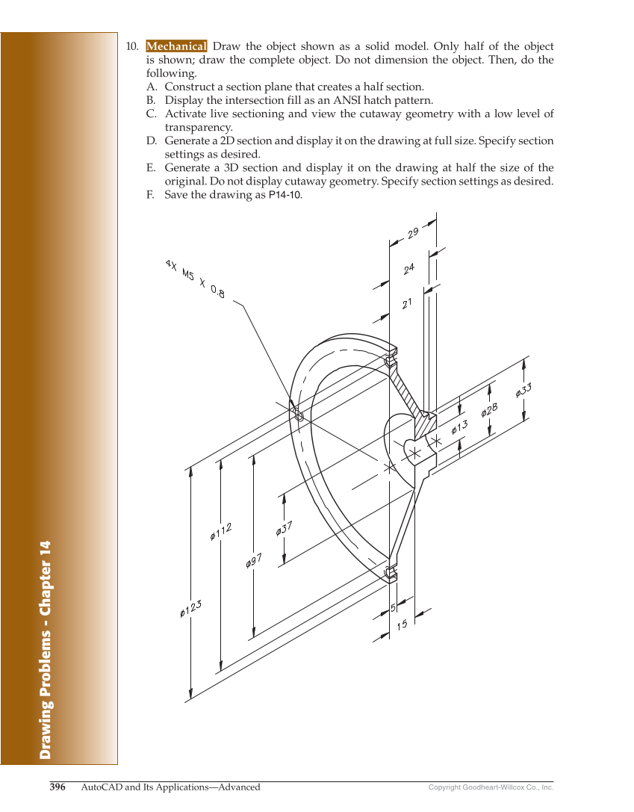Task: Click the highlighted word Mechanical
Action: [176, 46]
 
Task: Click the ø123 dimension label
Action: [191, 609]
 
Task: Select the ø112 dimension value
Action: [221, 531]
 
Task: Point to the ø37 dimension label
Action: [284, 528]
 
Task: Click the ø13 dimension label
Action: [459, 428]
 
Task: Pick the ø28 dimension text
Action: [489, 409]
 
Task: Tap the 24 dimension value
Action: [409, 268]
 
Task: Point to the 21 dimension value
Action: [407, 303]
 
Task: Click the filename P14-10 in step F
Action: [285, 195]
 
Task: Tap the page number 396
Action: [58, 787]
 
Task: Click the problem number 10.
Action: [131, 46]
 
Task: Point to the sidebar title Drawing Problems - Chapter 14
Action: [46, 649]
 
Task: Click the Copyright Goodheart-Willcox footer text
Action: [491, 787]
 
